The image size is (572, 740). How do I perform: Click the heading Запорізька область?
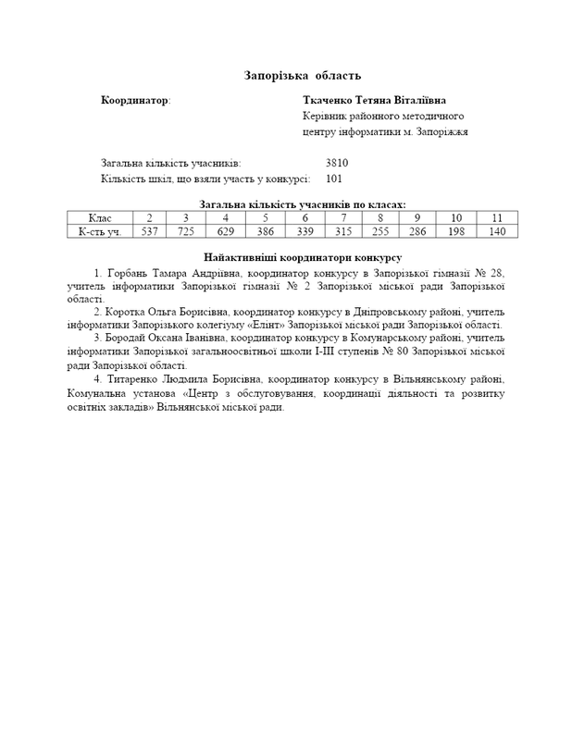[x=302, y=74]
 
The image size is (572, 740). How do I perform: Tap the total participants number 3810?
[x=337, y=162]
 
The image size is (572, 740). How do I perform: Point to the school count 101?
[x=335, y=179]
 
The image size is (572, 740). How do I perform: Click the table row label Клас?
[x=100, y=217]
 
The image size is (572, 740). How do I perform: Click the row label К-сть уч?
[x=100, y=231]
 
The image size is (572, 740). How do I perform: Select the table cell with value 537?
[x=149, y=231]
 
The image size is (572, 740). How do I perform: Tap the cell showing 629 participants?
[x=226, y=231]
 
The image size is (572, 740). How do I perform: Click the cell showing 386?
[x=265, y=231]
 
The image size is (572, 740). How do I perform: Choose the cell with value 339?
[x=305, y=231]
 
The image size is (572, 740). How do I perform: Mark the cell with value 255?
[x=380, y=231]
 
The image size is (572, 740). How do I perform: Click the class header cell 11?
[x=497, y=217]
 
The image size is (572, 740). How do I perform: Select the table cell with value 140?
[x=497, y=231]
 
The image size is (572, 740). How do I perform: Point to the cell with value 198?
[x=456, y=231]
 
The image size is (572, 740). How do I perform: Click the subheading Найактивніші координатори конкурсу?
[x=302, y=255]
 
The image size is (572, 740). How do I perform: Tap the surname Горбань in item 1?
[x=128, y=274]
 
